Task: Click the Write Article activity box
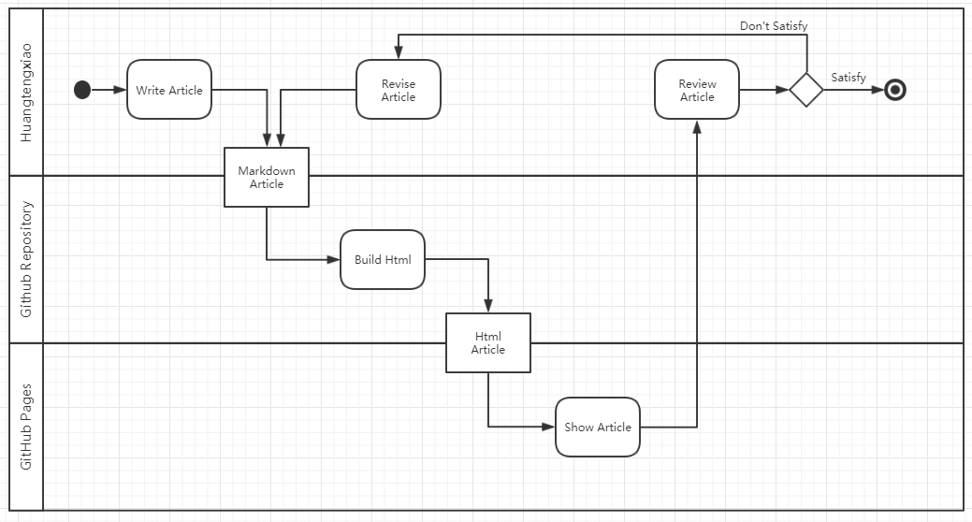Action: (x=169, y=90)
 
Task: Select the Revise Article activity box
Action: (x=398, y=90)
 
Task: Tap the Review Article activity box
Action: (x=697, y=90)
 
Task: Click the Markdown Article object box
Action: (x=267, y=177)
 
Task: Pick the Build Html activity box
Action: (x=383, y=259)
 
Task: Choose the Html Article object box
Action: (x=488, y=342)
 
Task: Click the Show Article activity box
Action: (x=598, y=427)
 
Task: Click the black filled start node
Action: (x=82, y=90)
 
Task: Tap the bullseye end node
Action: (x=895, y=90)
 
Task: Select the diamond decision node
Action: (x=805, y=90)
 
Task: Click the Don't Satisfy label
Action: (x=773, y=26)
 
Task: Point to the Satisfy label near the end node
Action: (x=849, y=78)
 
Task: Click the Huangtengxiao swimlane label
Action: (x=26, y=92)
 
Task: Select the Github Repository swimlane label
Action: (x=26, y=259)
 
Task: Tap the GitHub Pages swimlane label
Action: (x=26, y=427)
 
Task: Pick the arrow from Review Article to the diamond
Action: (x=764, y=90)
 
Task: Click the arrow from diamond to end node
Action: (x=853, y=90)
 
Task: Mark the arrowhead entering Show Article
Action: (x=548, y=427)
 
